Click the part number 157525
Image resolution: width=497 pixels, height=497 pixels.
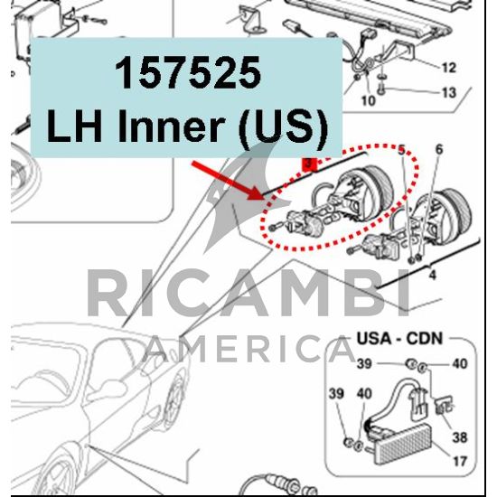point(188,73)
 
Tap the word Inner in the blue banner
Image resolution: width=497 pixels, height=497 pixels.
point(170,126)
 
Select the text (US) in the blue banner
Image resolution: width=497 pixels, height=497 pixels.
point(283,128)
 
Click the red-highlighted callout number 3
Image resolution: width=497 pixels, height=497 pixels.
point(309,164)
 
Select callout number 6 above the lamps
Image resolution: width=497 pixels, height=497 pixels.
point(439,149)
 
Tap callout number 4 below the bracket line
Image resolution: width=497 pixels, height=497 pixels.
point(432,275)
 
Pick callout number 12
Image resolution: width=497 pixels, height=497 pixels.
point(448,68)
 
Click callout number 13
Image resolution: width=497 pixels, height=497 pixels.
point(449,92)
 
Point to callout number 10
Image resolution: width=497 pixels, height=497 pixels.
point(369,101)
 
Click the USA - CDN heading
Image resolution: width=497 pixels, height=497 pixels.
point(399,339)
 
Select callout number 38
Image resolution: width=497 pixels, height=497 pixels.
point(460,437)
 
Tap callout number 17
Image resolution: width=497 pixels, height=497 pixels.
point(459,461)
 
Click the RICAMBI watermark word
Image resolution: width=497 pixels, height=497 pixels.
point(248,293)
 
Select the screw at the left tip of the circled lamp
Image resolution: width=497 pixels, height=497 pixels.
point(273,228)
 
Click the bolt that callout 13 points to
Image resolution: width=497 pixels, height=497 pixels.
point(382,90)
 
